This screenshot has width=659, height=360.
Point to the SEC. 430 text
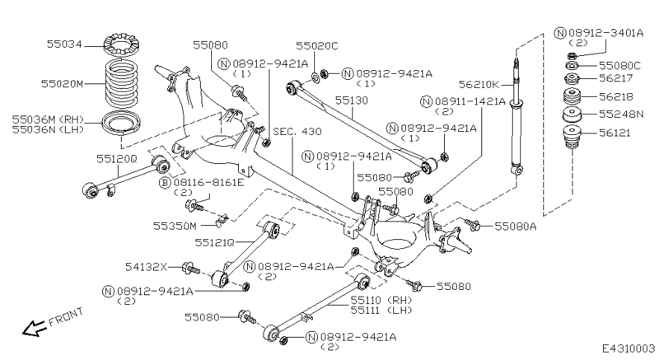(297, 132)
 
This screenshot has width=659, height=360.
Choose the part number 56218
(619, 96)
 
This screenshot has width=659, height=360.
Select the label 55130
(354, 100)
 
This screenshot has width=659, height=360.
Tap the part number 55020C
(318, 47)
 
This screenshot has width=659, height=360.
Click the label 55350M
(175, 225)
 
